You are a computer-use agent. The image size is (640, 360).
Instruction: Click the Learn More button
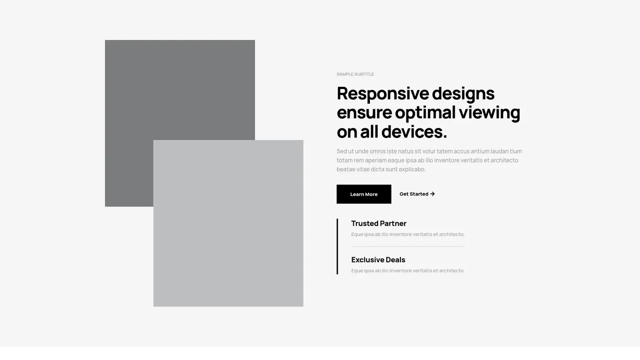coord(364,194)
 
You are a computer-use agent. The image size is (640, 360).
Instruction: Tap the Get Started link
coord(417,194)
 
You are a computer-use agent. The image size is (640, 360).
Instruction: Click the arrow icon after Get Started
coord(432,194)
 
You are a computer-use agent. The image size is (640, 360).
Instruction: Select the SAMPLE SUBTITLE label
coord(355,74)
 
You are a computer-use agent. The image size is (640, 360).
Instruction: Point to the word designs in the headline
coord(463,93)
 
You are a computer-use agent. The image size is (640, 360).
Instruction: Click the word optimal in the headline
coord(425,113)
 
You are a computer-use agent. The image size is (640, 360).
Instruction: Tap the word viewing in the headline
coord(490,113)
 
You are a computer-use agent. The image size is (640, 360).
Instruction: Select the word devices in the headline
coord(414,132)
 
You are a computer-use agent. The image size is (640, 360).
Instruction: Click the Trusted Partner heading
coord(379,223)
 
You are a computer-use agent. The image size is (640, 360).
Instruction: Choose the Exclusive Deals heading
coord(378,260)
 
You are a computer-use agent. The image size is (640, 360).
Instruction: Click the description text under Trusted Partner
coord(408,234)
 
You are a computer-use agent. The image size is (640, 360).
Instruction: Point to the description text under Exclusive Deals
coord(408,270)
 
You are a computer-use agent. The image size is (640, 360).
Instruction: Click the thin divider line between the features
coord(408,246)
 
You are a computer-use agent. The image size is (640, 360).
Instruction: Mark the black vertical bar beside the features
coord(337,246)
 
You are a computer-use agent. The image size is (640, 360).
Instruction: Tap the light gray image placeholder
coord(228,223)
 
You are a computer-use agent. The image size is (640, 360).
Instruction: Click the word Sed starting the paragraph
coord(341,151)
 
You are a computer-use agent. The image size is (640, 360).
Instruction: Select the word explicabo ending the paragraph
coord(412,169)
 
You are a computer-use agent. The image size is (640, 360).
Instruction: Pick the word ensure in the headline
coord(364,113)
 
